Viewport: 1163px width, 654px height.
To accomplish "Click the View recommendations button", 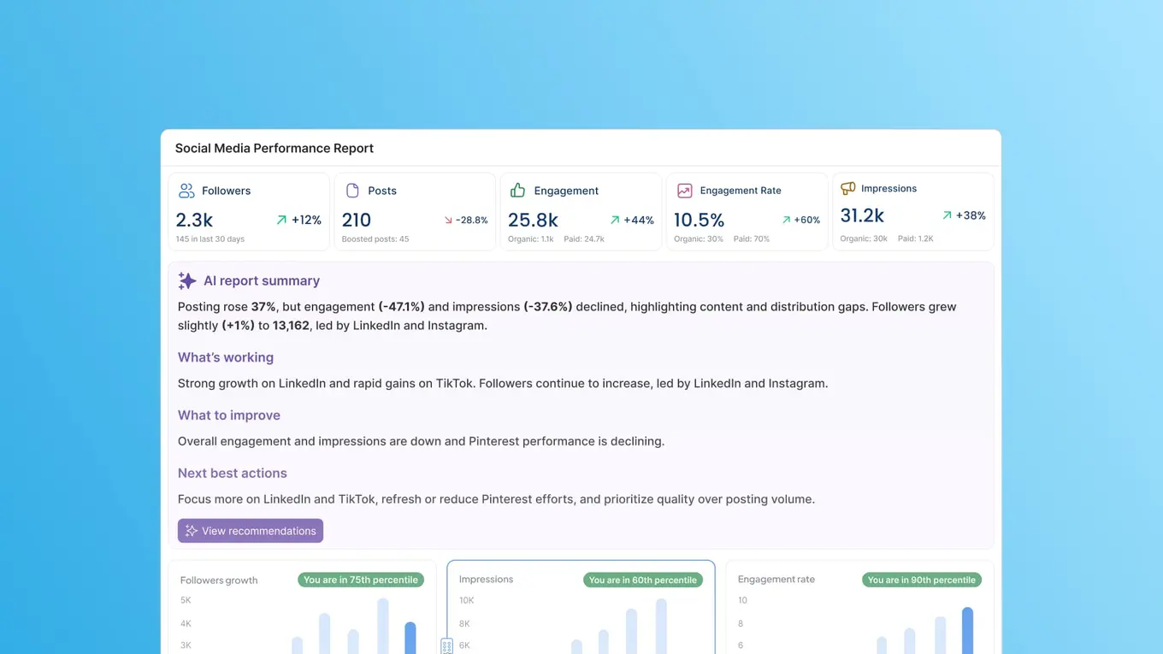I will (x=251, y=531).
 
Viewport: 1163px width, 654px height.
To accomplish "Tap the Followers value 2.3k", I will (x=194, y=220).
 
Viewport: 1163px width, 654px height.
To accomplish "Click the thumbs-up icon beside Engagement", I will (x=517, y=190).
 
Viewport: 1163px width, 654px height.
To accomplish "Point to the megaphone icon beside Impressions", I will (x=847, y=188).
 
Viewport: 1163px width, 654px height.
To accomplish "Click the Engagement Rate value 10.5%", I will (x=699, y=220).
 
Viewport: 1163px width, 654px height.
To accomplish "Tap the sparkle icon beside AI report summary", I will (x=187, y=280).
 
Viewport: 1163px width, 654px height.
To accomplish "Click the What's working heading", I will (x=226, y=357).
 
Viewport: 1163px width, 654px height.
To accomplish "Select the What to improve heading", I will (x=229, y=415).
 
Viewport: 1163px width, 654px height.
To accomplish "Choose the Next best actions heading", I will (x=233, y=473).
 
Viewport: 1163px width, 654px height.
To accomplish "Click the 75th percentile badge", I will (x=361, y=580).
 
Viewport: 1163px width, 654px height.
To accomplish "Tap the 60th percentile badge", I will (x=642, y=580).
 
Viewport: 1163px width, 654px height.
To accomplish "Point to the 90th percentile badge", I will (x=921, y=580).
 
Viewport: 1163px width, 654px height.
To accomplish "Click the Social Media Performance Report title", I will (x=275, y=148).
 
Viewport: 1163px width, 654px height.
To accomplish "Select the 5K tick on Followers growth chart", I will (x=186, y=600).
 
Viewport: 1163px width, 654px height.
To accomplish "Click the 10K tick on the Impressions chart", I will (x=466, y=600).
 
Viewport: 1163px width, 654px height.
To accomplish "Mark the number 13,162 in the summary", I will (x=291, y=325).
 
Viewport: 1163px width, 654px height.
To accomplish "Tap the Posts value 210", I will (x=357, y=220).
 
